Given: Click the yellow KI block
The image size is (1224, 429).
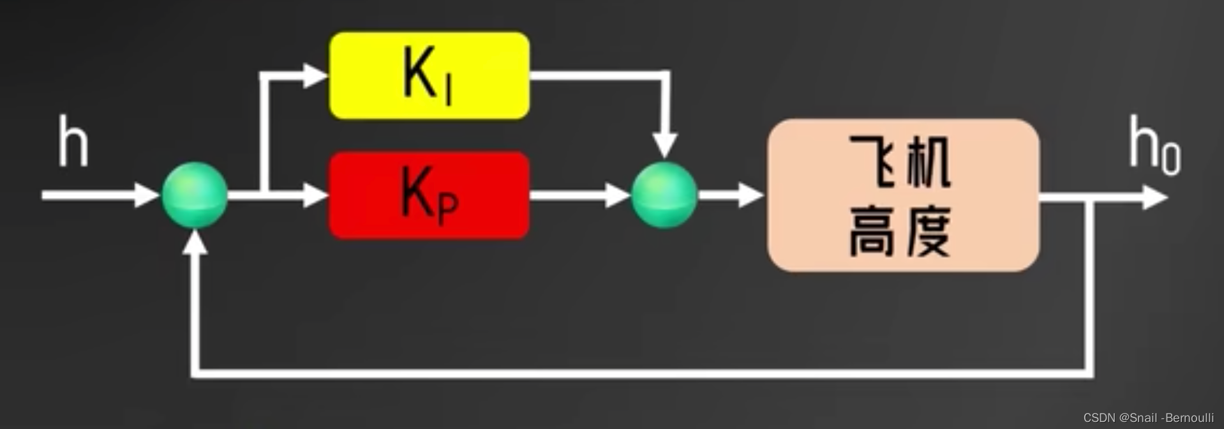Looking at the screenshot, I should [429, 75].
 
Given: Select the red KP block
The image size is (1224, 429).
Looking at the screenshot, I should [429, 195].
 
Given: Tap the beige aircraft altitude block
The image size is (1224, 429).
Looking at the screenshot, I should [903, 195].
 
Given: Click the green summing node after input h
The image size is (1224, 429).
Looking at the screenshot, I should [195, 195].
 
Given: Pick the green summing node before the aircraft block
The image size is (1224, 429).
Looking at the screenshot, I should [664, 195].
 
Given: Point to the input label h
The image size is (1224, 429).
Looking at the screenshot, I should [73, 142].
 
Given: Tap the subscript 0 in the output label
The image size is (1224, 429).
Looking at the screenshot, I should [1171, 158].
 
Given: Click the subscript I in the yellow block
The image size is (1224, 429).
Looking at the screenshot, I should [449, 93].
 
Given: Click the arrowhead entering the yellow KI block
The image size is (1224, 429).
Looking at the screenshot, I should [315, 75].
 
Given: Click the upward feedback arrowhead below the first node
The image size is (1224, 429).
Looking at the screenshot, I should [195, 243].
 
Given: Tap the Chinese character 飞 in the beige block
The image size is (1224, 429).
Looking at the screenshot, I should [872, 161].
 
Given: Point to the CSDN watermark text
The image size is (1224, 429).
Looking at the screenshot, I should [1148, 418].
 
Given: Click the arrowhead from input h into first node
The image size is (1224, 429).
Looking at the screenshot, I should [146, 195].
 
